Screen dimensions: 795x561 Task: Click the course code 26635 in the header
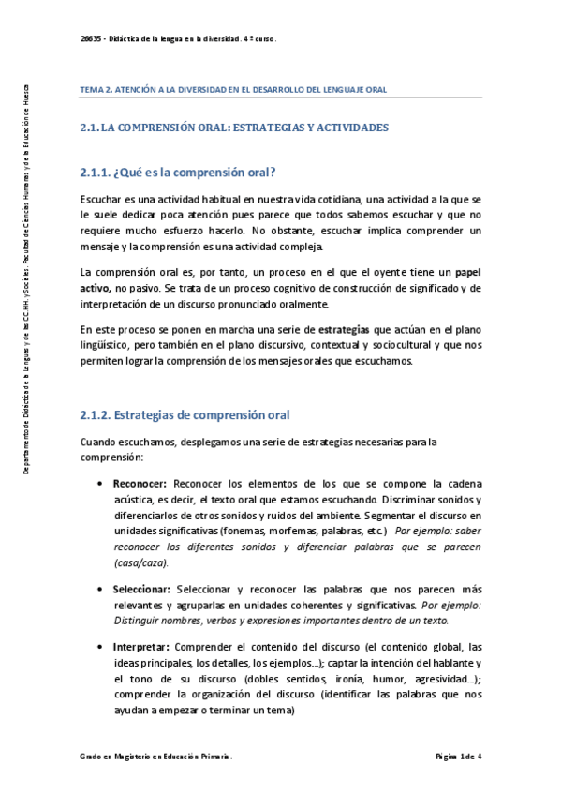pyautogui.click(x=91, y=39)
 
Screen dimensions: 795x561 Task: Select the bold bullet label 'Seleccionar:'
pyautogui.click(x=141, y=589)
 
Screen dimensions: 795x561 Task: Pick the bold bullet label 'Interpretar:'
pyautogui.click(x=141, y=648)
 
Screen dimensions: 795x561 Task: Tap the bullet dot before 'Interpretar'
pyautogui.click(x=100, y=648)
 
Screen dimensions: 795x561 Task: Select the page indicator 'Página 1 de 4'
pyautogui.click(x=458, y=756)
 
